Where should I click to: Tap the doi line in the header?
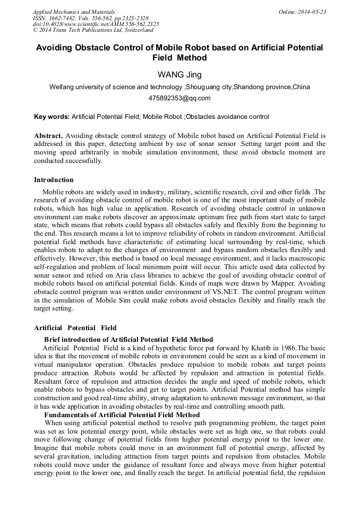coord(96,24)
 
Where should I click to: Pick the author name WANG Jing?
coord(179,74)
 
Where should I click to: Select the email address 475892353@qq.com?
coord(179,98)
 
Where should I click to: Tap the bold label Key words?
coord(52,116)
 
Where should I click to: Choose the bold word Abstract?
coord(48,136)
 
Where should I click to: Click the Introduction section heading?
coord(54,180)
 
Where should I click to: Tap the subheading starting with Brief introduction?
coord(128,339)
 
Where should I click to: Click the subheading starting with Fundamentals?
coord(122,415)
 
